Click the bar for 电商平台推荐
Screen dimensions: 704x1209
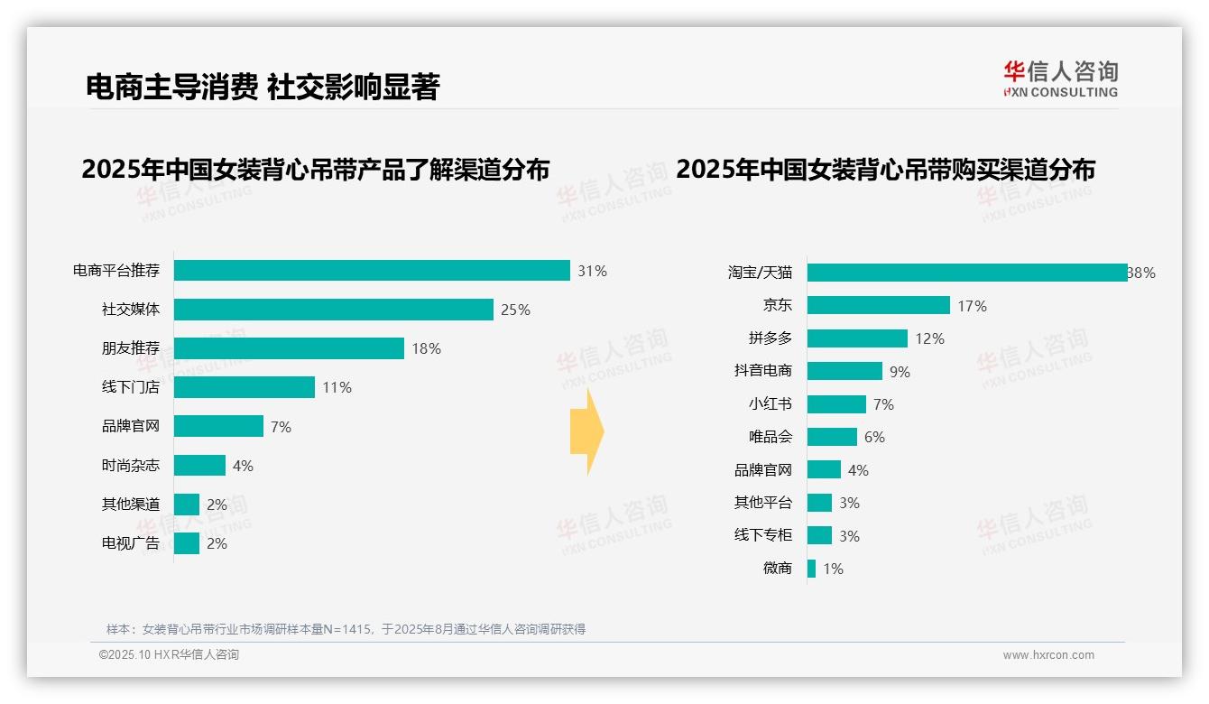(372, 271)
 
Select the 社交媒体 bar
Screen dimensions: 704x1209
(334, 310)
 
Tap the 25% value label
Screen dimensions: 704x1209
(515, 310)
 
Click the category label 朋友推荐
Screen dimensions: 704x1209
(131, 348)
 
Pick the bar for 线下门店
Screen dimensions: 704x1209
(245, 387)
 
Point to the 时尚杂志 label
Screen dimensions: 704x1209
(131, 466)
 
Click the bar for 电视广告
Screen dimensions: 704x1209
(187, 543)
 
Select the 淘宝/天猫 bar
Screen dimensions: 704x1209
(967, 273)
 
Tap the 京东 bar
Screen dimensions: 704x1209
(879, 305)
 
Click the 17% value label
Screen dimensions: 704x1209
(972, 306)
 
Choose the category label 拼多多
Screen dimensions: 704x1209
(771, 338)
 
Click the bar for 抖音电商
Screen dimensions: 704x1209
(844, 371)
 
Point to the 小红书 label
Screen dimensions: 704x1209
(771, 404)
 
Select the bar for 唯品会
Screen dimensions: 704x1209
(832, 437)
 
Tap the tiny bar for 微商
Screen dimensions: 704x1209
(811, 569)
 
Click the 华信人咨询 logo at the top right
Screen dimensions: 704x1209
(1060, 79)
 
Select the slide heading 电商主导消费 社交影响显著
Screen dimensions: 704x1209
(263, 87)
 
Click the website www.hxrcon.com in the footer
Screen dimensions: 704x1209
(1048, 655)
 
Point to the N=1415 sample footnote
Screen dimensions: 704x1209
(346, 629)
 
